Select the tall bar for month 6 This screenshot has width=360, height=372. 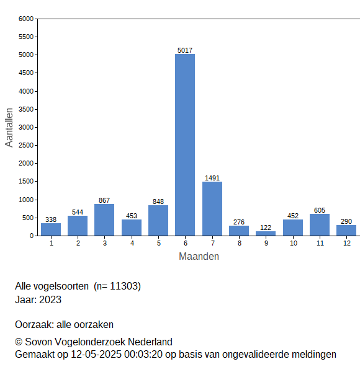pos(185,144)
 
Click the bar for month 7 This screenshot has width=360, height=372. pos(212,209)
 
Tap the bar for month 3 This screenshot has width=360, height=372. pos(104,220)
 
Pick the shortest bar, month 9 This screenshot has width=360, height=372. pos(266,234)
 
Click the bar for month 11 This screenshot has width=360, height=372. pos(320,225)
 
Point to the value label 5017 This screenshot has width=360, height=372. pos(185,50)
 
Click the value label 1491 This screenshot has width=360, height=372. pos(212,178)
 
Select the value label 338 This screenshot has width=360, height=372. pos(51,219)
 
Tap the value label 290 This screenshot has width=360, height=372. pos(346,221)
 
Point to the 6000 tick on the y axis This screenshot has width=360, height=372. pos(26,19)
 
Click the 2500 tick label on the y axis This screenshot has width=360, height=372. pos(26,145)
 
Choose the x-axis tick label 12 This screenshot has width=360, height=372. pos(347,243)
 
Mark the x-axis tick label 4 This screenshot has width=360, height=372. pos(132,243)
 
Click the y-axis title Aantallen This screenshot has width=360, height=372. pos(9,128)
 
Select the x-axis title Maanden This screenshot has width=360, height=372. pos(199,257)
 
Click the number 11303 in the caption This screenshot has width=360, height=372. pos(124,286)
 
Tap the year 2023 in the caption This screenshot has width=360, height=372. pos(50,299)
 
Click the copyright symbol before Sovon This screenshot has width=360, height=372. pos(19,342)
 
